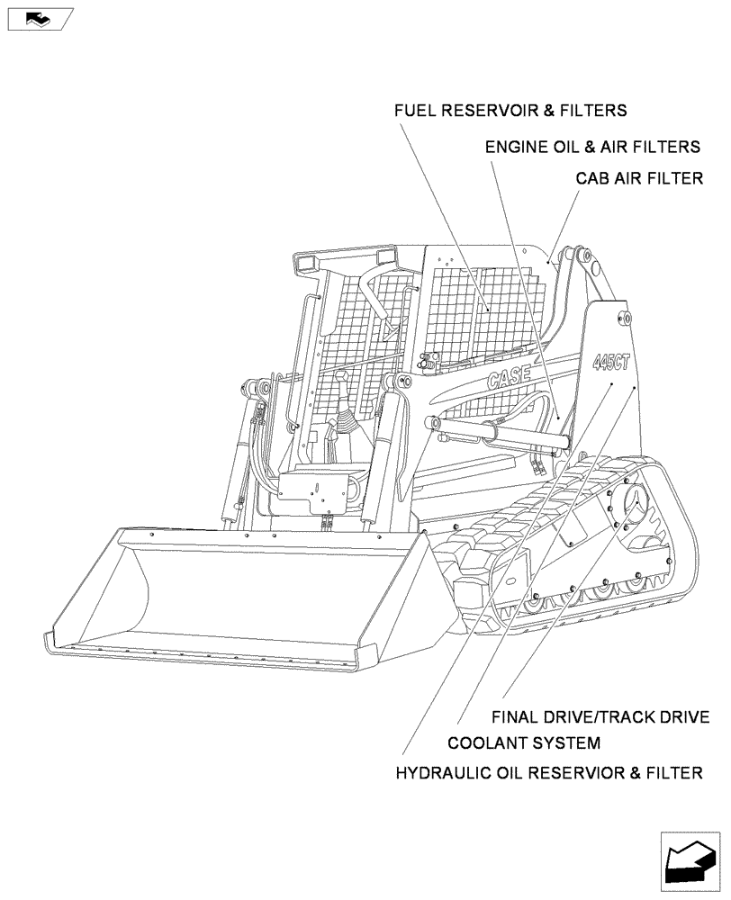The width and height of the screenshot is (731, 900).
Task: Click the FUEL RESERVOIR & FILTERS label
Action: pos(510,111)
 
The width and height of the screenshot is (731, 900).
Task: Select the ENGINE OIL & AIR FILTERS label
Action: pos(592,146)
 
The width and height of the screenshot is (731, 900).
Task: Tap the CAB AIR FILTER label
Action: pos(639,178)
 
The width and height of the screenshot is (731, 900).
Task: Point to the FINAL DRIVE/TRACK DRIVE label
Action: pos(600,717)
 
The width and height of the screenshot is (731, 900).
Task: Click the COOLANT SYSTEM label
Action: pos(523,743)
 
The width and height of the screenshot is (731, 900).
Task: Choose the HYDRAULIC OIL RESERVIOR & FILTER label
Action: pos(549,772)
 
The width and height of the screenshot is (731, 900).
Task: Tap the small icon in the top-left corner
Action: pos(41,18)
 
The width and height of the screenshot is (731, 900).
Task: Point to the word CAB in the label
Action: pos(593,178)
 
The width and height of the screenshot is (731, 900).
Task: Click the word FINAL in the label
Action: pos(516,717)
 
